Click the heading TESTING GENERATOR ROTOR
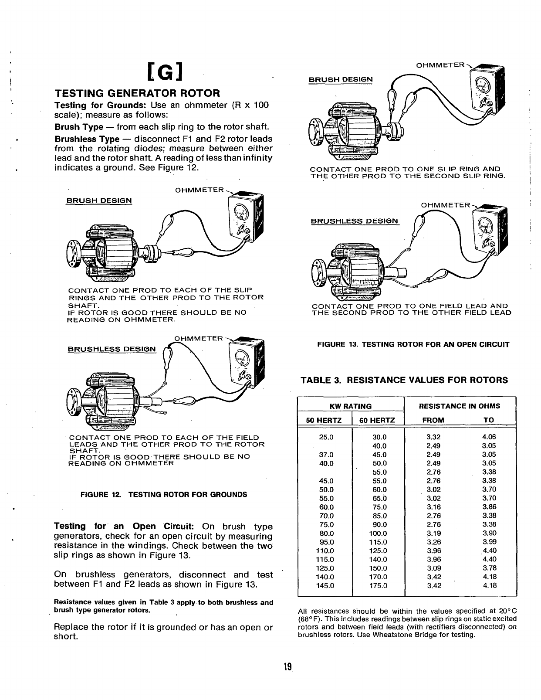click(137, 93)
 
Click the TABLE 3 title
click(404, 380)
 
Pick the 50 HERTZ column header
click(325, 420)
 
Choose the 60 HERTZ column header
click(377, 420)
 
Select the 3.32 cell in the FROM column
click(434, 437)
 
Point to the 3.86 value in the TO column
click(489, 507)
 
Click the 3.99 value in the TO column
click(489, 542)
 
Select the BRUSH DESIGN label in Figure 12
click(99, 201)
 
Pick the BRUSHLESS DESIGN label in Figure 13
click(355, 221)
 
